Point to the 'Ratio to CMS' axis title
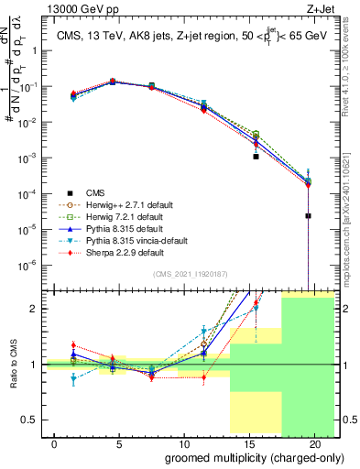pyautogui.click(x=12, y=365)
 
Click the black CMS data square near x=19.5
pyautogui.click(x=309, y=216)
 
